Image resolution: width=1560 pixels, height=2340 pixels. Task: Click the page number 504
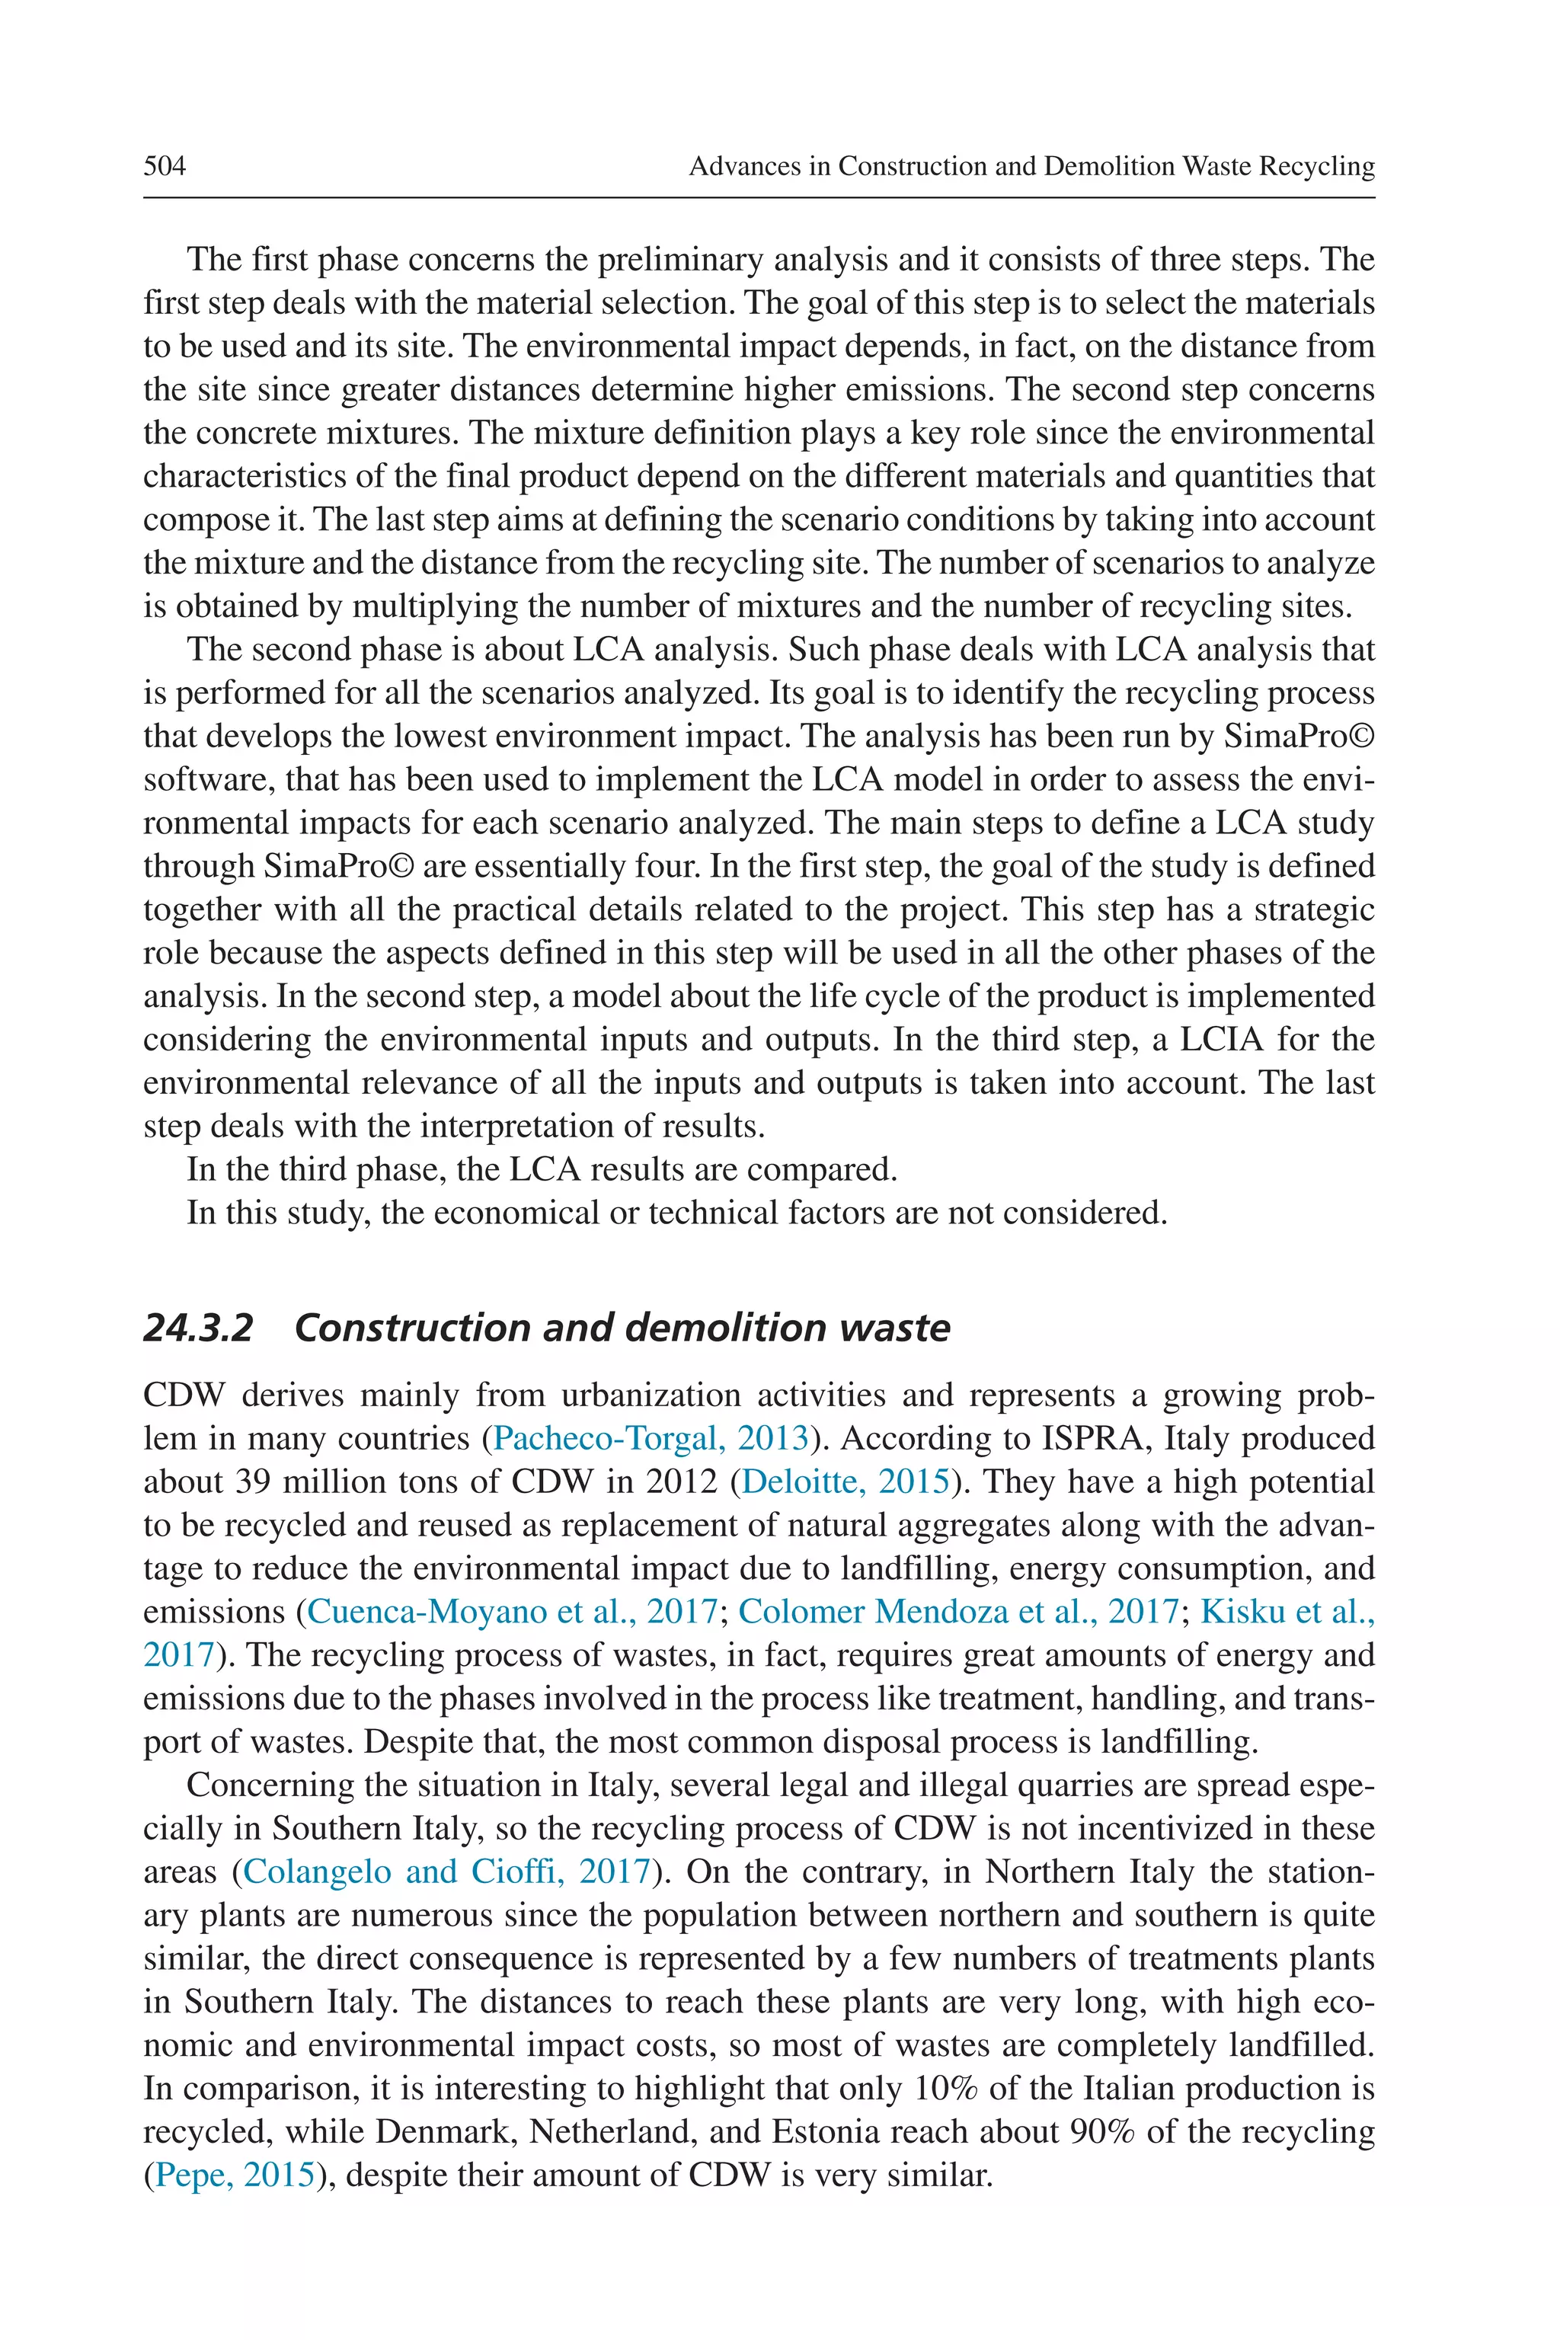tap(165, 165)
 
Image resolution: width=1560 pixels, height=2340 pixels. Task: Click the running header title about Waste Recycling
tap(1031, 165)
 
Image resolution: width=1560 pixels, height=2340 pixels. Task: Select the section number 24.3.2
tap(198, 1327)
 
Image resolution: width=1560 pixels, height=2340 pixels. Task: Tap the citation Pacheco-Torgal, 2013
tap(651, 1439)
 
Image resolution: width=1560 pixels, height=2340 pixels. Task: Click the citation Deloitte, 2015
tap(846, 1482)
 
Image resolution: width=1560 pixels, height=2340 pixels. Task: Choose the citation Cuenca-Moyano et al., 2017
tap(513, 1612)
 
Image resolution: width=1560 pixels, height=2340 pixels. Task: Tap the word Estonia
tap(831, 2132)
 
